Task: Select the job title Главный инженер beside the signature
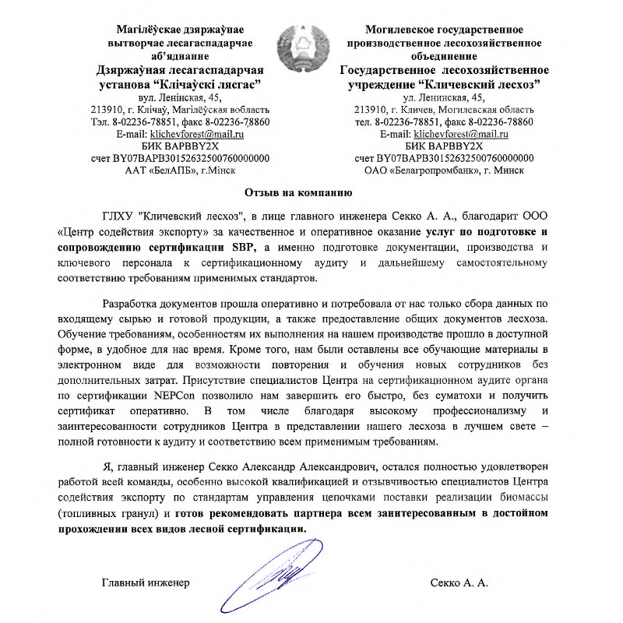click(x=146, y=583)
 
